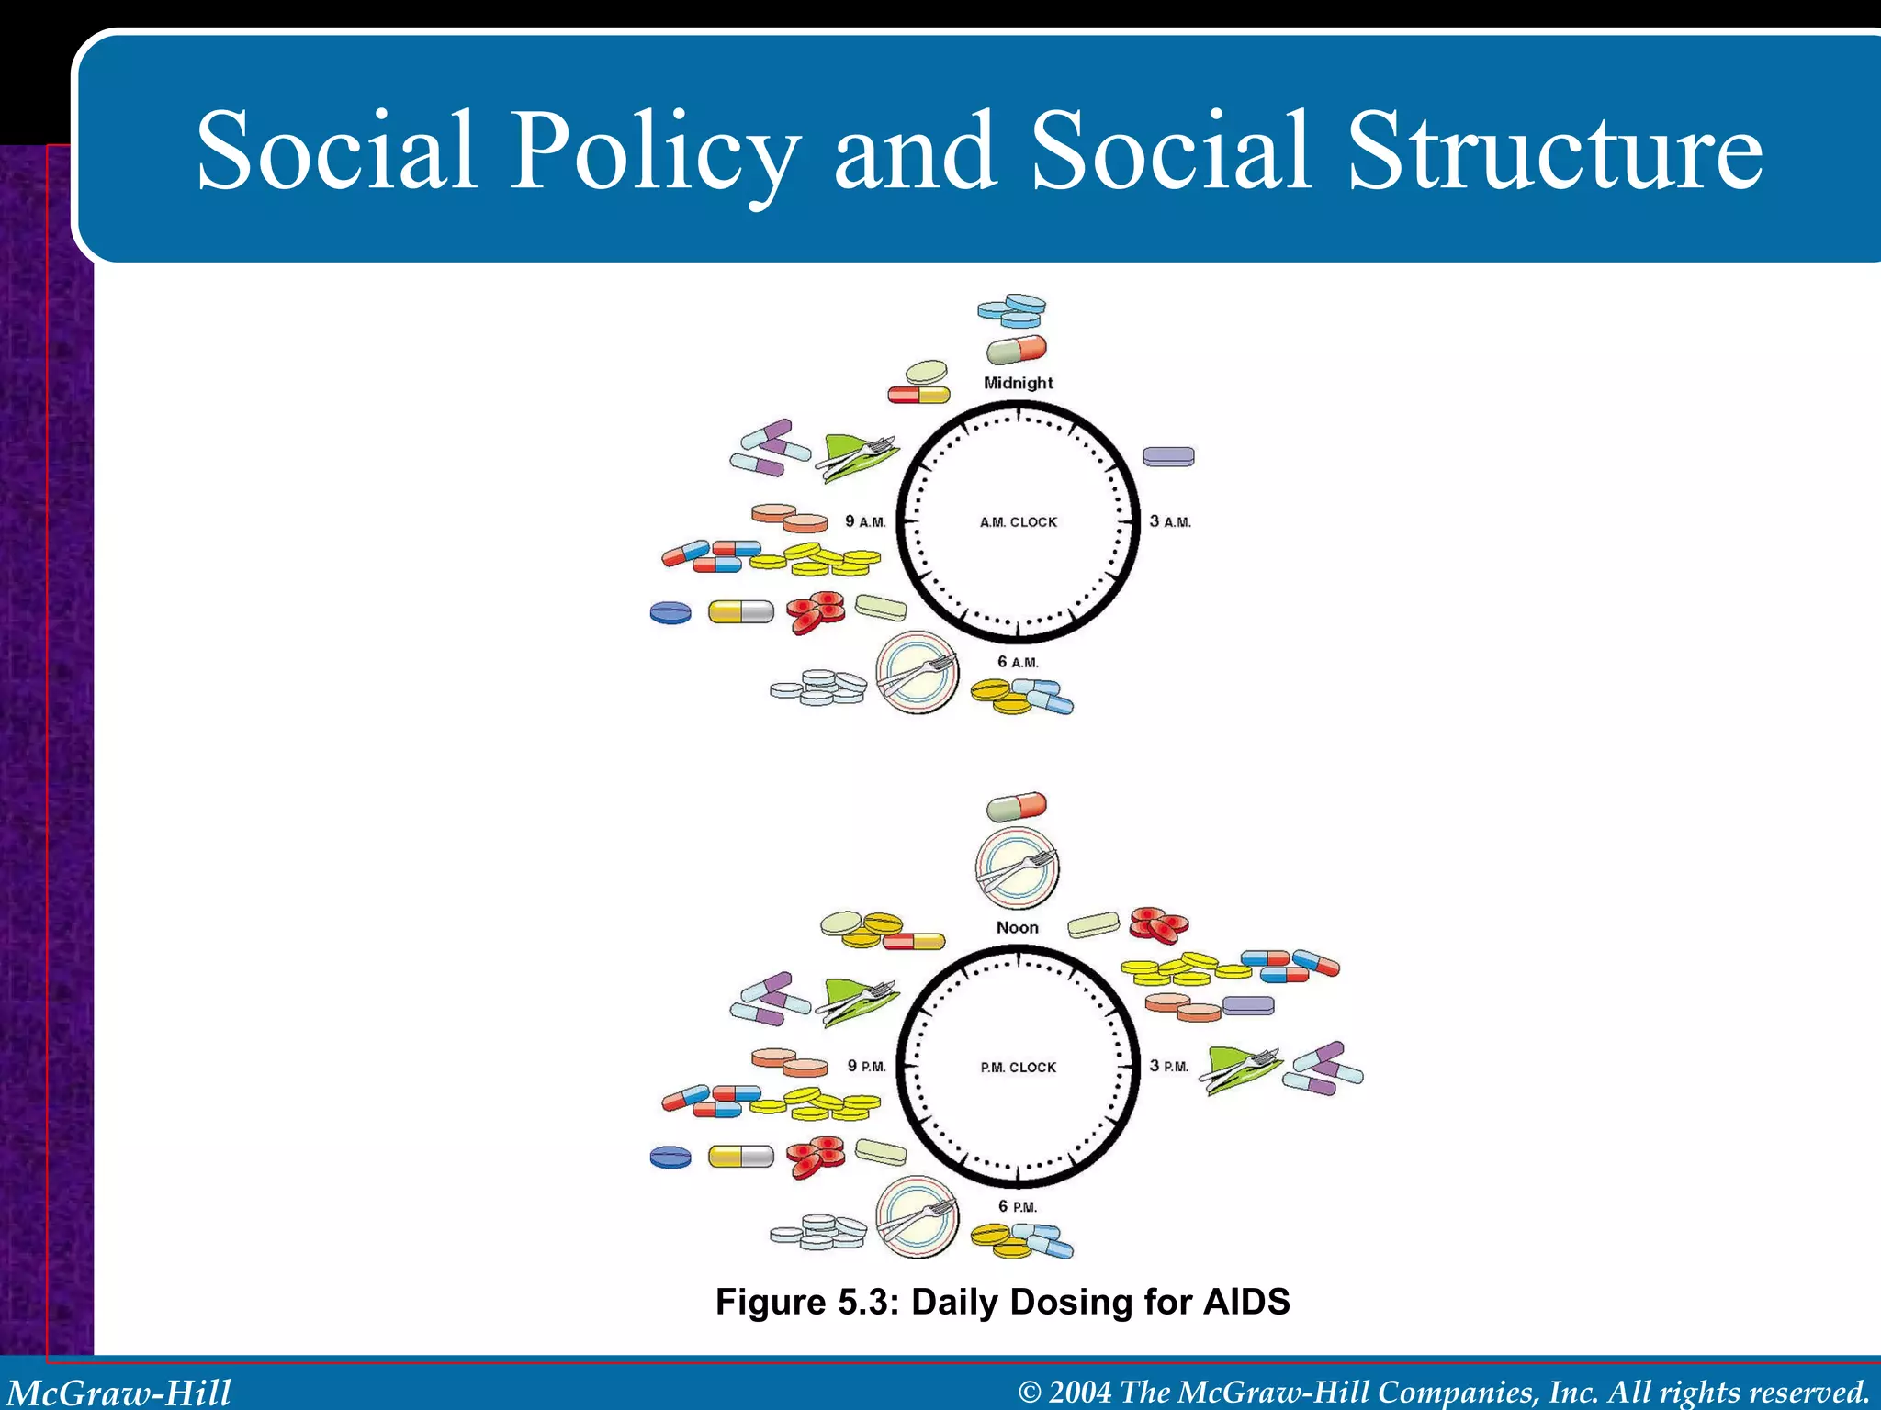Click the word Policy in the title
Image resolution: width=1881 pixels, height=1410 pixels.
[x=654, y=151]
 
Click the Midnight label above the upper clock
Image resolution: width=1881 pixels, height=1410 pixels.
[x=1018, y=383]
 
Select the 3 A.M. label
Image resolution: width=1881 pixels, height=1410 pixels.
[x=1170, y=521]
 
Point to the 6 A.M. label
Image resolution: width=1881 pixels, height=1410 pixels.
[x=1018, y=662]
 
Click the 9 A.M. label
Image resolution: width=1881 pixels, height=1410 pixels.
[x=865, y=521]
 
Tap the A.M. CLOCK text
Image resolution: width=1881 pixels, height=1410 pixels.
[x=1018, y=522]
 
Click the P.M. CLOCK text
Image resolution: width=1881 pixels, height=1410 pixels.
[x=1018, y=1068]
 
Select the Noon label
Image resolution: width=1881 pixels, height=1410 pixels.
[x=1018, y=928]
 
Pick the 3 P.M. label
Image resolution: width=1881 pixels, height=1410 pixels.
[x=1169, y=1067]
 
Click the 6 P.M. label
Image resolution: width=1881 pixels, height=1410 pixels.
[x=1018, y=1206]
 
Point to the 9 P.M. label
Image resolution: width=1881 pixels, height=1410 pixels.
[x=866, y=1067]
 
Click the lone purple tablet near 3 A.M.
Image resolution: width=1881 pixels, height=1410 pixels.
[x=1168, y=456]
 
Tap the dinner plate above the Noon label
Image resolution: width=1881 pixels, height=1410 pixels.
[x=1017, y=867]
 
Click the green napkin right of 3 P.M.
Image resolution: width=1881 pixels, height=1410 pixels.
[x=1239, y=1068]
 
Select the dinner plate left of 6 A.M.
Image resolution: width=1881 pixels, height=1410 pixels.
[x=917, y=673]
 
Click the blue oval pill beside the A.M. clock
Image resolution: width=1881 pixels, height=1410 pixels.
[x=670, y=612]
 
